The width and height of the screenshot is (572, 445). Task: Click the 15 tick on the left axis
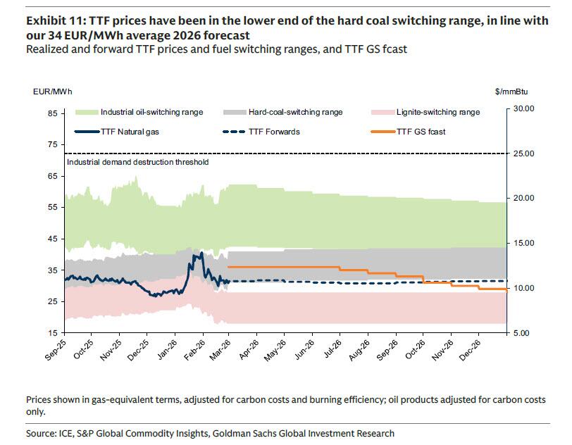point(52,332)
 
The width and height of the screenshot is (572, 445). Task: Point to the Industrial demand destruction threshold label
point(137,161)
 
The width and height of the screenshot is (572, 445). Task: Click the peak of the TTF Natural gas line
point(201,252)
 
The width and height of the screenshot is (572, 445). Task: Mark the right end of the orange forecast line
point(506,290)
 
